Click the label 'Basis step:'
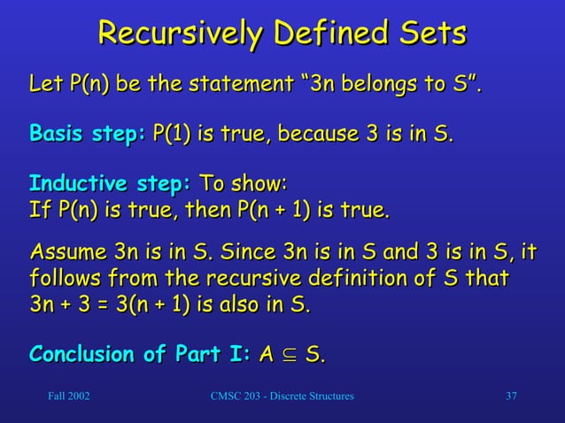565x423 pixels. point(87,135)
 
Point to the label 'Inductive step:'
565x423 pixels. point(110,187)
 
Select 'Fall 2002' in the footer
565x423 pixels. point(67,396)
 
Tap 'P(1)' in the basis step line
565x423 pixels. point(172,135)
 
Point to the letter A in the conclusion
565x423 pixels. point(264,356)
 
